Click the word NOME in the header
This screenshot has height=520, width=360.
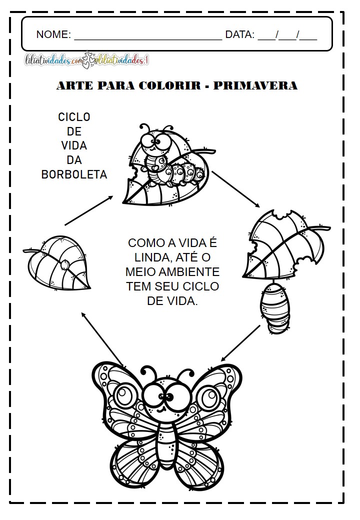[x=53, y=34]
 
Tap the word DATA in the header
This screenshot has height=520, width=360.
[x=240, y=34]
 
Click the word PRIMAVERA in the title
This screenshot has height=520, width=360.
[x=255, y=86]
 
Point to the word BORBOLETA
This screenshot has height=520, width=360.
[x=74, y=174]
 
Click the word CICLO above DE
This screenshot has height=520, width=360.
[x=74, y=117]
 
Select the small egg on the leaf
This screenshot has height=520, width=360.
[x=65, y=264]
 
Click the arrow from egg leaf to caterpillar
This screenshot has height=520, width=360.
[x=89, y=210]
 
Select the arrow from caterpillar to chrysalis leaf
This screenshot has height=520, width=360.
[x=235, y=189]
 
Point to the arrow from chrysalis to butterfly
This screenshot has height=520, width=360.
[x=240, y=343]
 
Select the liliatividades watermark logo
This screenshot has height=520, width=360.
[x=87, y=61]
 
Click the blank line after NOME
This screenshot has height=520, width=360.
[x=147, y=37]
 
